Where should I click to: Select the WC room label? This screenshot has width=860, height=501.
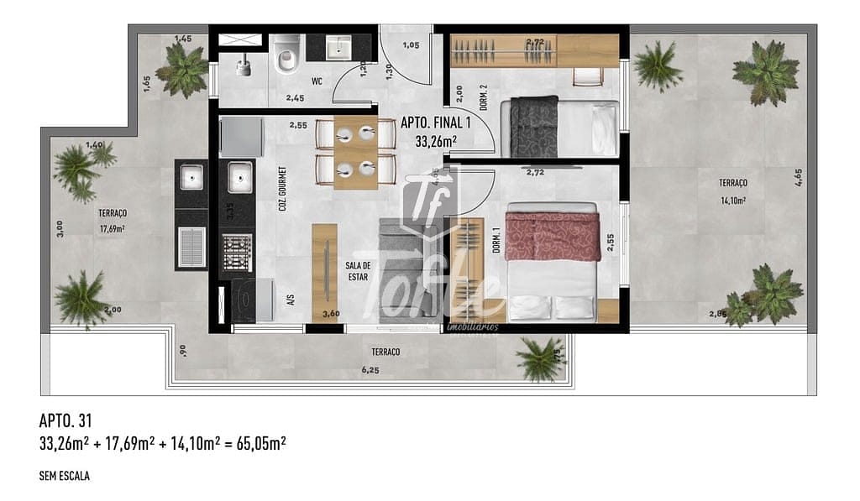coord(317,81)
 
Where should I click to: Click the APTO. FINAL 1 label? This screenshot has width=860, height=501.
coord(436,123)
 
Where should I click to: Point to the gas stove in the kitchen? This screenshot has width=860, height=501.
coord(238,249)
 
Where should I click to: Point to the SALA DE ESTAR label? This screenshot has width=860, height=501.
coord(359,271)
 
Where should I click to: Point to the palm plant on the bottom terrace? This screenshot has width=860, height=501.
coord(540,357)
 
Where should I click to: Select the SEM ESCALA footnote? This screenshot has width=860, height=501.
coord(65,476)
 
